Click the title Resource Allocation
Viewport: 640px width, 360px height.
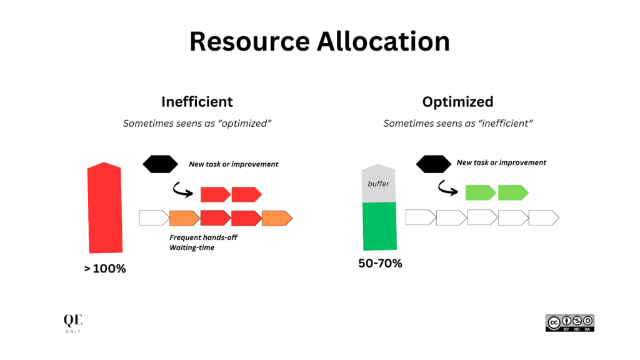click(319, 42)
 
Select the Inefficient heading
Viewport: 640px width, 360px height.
click(197, 101)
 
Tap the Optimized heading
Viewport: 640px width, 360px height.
click(457, 101)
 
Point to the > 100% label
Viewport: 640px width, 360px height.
click(105, 269)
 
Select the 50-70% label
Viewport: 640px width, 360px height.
click(380, 264)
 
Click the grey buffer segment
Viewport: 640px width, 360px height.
click(379, 184)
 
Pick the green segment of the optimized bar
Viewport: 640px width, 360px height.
click(379, 226)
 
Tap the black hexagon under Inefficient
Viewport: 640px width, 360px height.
click(161, 164)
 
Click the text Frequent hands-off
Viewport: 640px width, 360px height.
click(203, 237)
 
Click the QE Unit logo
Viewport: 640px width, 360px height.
click(73, 322)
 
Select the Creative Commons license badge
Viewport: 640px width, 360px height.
click(569, 322)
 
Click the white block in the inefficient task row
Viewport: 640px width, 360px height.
click(153, 218)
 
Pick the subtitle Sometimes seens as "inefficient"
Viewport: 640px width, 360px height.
click(457, 124)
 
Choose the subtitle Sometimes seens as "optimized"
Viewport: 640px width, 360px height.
click(197, 124)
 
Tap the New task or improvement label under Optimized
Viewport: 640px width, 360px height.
click(501, 162)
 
